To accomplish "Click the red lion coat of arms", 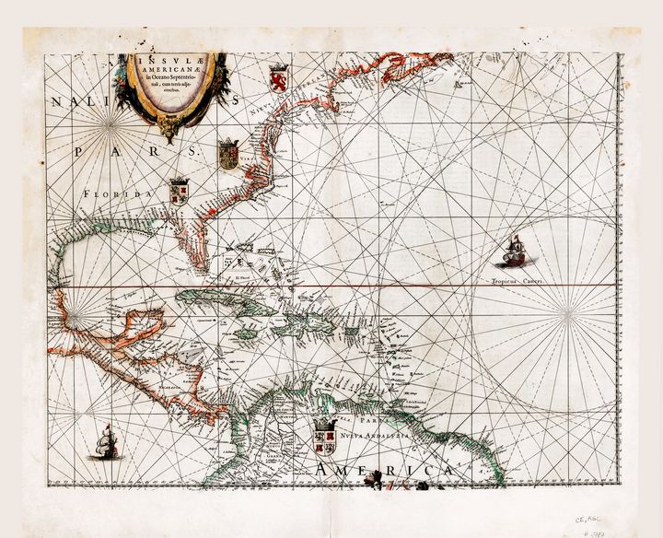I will [279, 78].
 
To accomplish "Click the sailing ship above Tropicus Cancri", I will [513, 251].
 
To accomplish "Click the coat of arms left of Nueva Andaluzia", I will [323, 437].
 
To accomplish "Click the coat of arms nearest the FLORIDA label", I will [179, 193].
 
